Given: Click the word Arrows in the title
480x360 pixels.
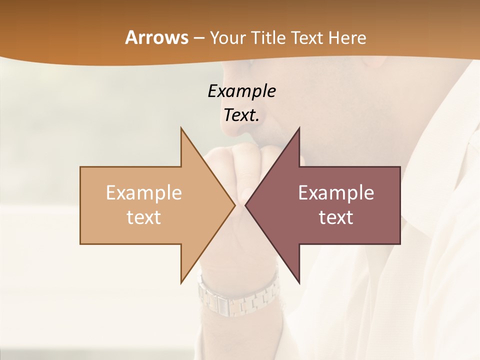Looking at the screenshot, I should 156,37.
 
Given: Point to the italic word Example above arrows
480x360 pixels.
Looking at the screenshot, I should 241,91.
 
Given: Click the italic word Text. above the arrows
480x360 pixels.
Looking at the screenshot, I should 241,115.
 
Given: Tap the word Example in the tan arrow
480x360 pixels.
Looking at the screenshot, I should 144,192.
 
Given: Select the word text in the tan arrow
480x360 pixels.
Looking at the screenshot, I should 144,217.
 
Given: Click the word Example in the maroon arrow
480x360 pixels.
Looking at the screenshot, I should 336,192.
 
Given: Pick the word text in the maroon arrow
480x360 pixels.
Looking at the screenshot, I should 336,217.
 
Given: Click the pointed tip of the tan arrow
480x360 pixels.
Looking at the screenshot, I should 234,205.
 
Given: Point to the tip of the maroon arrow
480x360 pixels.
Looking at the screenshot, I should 246,205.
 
